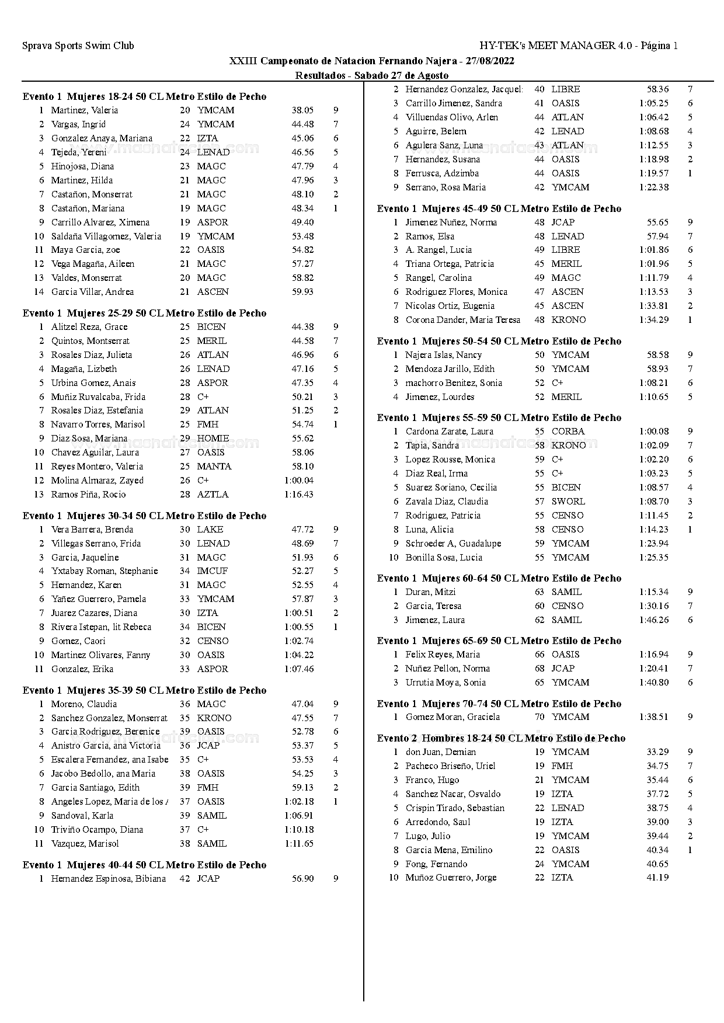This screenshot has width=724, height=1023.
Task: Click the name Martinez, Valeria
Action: [x=84, y=110]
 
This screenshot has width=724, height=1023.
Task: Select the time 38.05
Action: [x=302, y=110]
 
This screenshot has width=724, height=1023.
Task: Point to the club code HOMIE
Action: [x=213, y=439]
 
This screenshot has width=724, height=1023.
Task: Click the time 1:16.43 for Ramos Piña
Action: [x=298, y=495]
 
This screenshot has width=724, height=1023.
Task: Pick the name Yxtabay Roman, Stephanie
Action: [x=104, y=571]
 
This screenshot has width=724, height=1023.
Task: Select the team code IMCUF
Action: [x=212, y=571]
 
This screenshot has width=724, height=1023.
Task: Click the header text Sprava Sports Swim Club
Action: [x=78, y=46]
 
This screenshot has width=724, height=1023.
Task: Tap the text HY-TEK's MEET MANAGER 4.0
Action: [x=556, y=46]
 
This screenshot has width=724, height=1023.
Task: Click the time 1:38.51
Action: [x=653, y=717]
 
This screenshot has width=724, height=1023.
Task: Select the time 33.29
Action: [x=657, y=752]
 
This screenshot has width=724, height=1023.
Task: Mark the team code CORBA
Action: [x=568, y=432]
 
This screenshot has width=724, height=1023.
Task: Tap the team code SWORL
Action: [x=568, y=502]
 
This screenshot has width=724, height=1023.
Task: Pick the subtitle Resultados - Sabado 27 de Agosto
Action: [x=371, y=75]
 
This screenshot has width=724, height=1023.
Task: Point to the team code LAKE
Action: [x=210, y=530]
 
